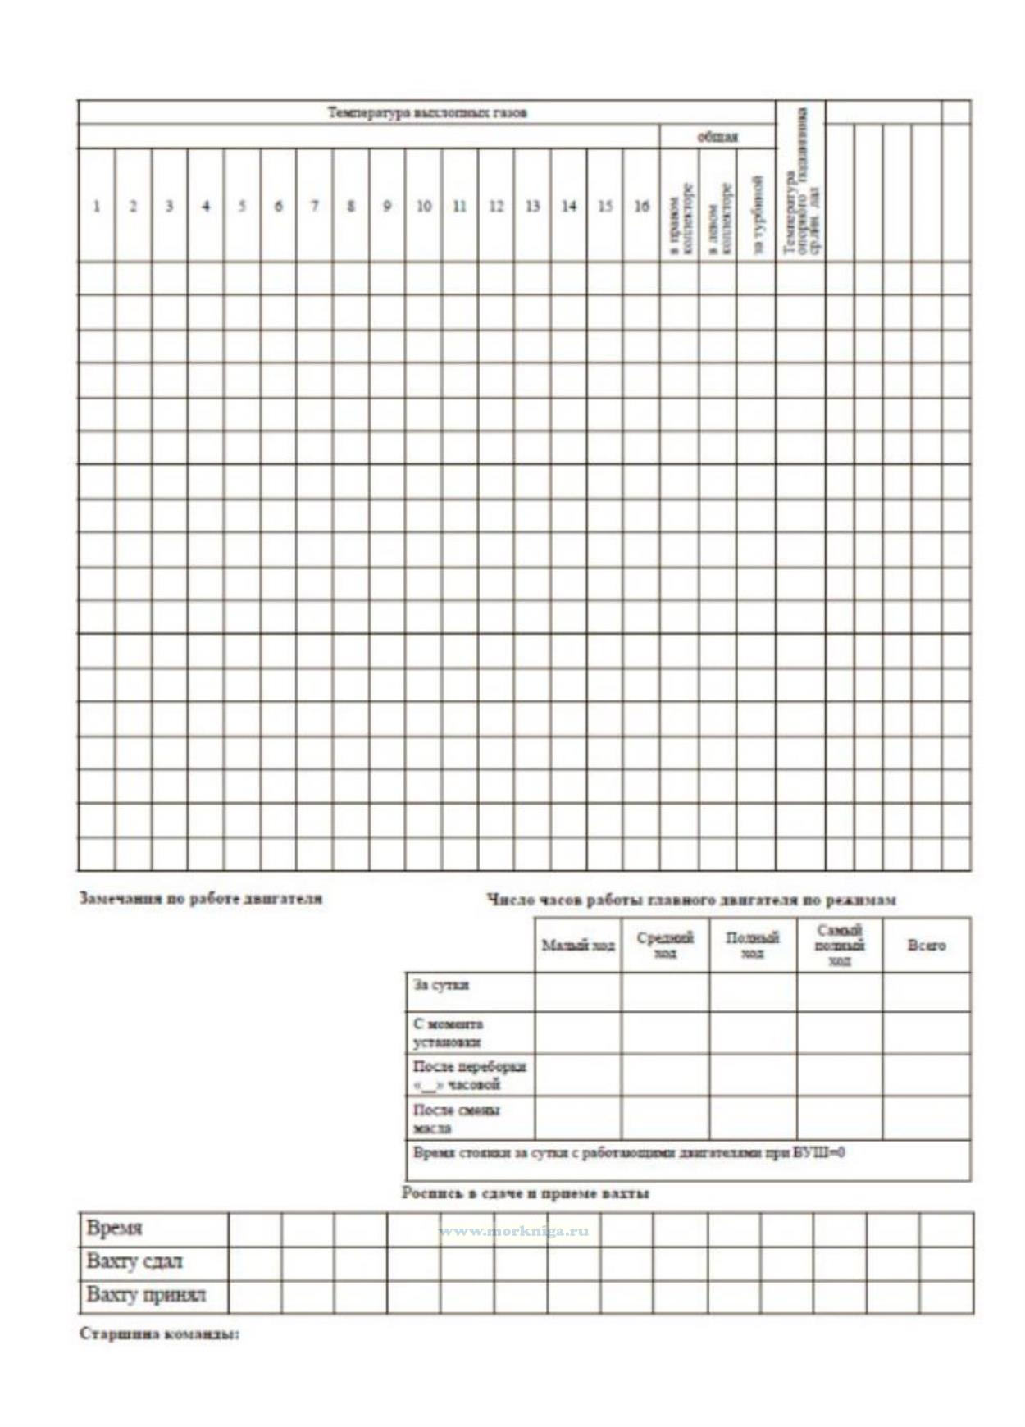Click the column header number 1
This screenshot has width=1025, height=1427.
click(x=97, y=206)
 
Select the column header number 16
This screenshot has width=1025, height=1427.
click(x=641, y=206)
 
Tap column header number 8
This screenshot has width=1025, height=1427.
click(x=351, y=206)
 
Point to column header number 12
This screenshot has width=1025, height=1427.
click(x=496, y=206)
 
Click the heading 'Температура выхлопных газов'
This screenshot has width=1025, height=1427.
click(x=427, y=112)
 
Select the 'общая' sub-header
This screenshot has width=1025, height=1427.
click(x=717, y=136)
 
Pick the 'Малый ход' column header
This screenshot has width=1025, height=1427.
click(x=578, y=946)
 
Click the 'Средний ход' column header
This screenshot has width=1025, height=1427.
click(x=665, y=945)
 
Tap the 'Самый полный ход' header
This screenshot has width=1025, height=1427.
click(x=840, y=945)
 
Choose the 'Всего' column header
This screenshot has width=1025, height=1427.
click(x=927, y=946)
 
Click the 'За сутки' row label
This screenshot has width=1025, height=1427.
click(x=441, y=985)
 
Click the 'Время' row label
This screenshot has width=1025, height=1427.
click(x=114, y=1229)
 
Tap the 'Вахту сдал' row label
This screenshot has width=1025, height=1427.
click(x=134, y=1261)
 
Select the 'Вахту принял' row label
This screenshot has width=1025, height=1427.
click(x=146, y=1295)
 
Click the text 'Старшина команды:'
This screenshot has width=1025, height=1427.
click(x=159, y=1334)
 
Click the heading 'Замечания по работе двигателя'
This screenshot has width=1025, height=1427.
click(x=201, y=898)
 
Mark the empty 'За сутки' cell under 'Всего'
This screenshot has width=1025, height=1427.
click(x=927, y=992)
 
